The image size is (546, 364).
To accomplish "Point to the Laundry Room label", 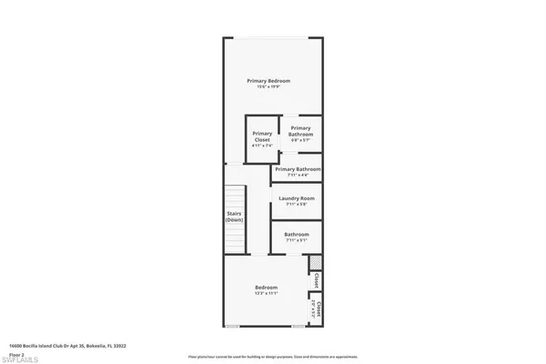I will tap(296, 197).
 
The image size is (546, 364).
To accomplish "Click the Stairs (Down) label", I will tap(234, 217).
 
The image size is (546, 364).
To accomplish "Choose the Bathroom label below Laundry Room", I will tap(296, 234).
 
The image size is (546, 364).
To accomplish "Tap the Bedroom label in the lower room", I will tap(266, 288).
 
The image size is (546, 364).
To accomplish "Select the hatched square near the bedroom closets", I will tap(315, 263).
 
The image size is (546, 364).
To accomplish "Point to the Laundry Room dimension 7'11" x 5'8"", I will tap(296, 205).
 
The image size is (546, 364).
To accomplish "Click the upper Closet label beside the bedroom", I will tap(316, 283).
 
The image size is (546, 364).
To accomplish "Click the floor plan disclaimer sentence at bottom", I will tap(273, 356).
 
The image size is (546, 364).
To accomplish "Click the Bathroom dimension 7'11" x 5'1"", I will tap(296, 241).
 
